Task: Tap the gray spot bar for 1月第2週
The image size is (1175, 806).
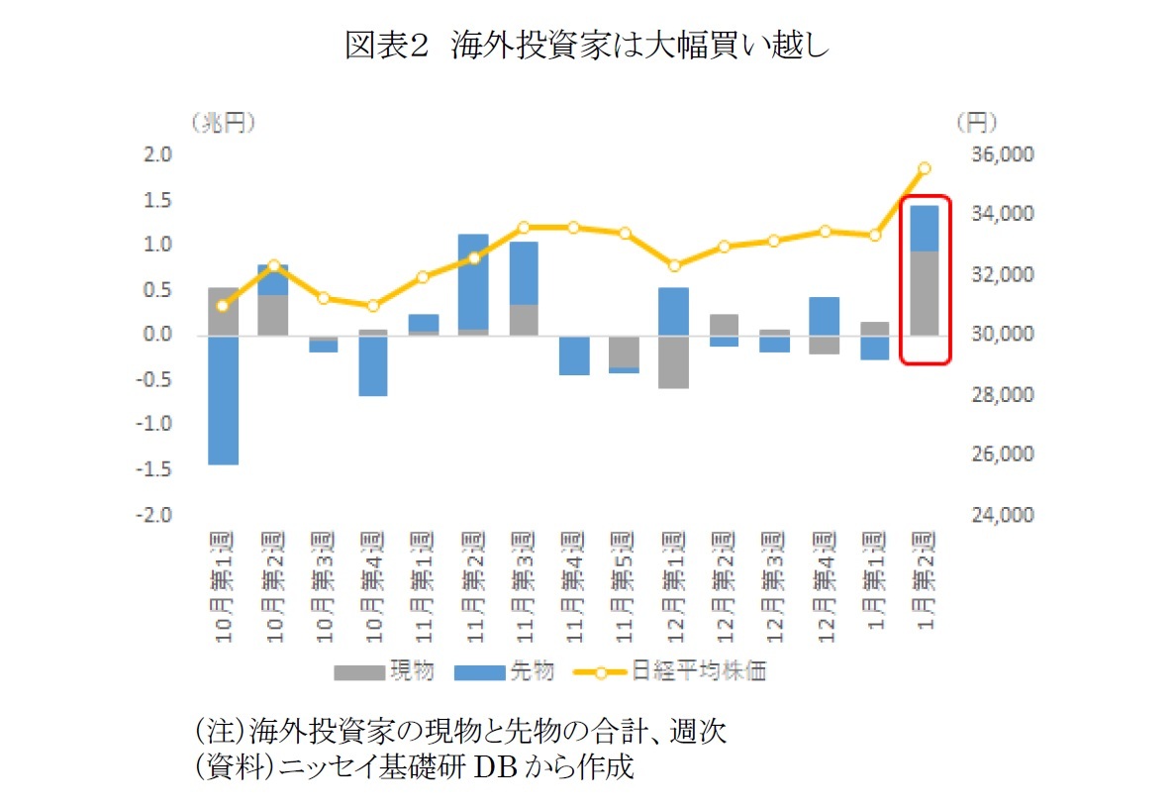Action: (x=924, y=293)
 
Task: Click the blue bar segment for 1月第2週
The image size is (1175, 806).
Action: (x=924, y=228)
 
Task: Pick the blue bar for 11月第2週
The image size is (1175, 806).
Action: (x=473, y=281)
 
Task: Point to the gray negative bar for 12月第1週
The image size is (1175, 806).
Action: (x=673, y=361)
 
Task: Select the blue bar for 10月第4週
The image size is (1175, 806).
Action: (x=373, y=365)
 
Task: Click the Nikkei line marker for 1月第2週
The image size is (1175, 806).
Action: (x=924, y=168)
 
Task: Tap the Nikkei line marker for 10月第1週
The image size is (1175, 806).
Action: (x=223, y=306)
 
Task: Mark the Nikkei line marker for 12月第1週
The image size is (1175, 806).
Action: (x=673, y=265)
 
